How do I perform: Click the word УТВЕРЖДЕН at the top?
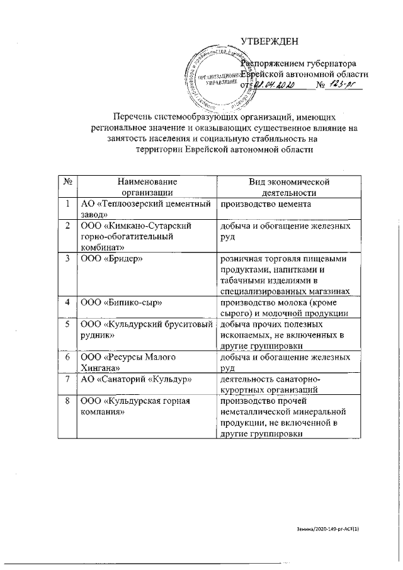tap(269, 42)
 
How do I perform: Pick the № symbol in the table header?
tap(67, 182)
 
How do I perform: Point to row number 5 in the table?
tap(67, 324)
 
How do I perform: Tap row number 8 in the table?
tap(67, 401)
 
